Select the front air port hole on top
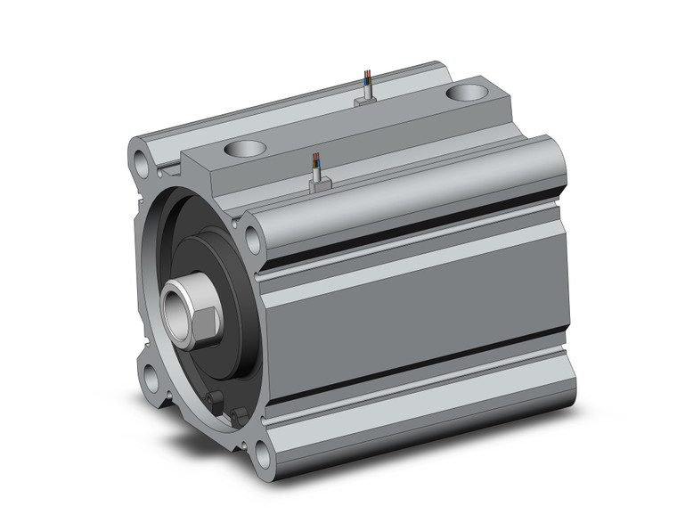click(246, 149)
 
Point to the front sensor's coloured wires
click(314, 163)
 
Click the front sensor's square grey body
click(319, 184)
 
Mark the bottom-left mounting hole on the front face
click(151, 377)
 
